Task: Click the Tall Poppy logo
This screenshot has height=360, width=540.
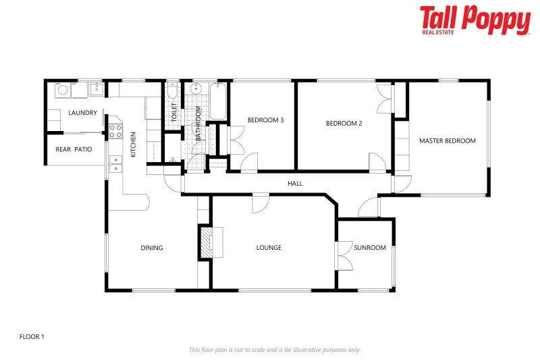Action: point(475,20)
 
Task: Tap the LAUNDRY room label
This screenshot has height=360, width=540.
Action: point(83,113)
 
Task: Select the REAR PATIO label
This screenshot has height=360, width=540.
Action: point(74,149)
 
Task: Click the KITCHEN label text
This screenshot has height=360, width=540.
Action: point(133,145)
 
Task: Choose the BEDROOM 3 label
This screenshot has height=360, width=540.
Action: point(265,120)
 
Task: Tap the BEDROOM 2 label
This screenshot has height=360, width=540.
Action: point(344,123)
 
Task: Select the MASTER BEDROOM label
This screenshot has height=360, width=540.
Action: point(448,141)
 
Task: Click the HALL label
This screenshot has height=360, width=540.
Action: point(295,183)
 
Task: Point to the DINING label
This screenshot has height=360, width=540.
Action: point(152,248)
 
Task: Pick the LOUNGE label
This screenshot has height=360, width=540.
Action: point(269,248)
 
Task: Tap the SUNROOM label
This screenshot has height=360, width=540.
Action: point(370,248)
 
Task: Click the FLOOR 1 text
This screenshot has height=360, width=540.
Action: point(32,336)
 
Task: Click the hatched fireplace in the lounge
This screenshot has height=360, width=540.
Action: point(205,242)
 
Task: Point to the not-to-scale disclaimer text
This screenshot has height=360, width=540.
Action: point(275,349)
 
